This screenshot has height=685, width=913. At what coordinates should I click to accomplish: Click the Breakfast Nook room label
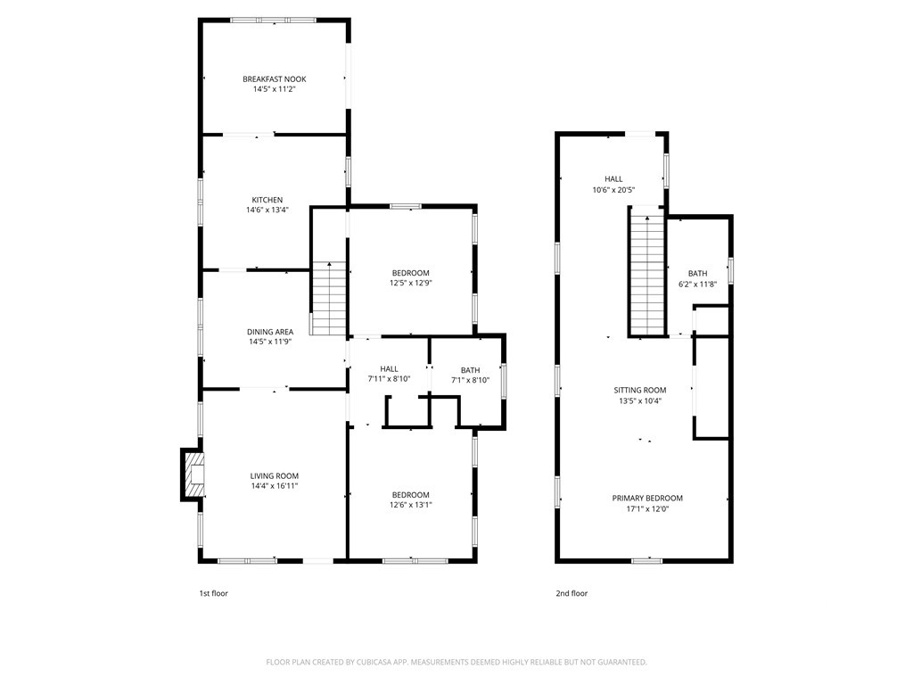click(x=275, y=79)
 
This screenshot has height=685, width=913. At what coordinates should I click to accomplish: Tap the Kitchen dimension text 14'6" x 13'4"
click(x=267, y=210)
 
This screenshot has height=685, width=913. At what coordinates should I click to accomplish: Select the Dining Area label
click(x=270, y=332)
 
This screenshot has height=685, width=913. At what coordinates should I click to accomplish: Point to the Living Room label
click(x=275, y=476)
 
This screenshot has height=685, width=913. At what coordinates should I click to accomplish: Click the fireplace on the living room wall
click(x=193, y=475)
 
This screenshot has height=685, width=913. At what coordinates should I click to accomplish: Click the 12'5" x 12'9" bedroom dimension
click(x=410, y=284)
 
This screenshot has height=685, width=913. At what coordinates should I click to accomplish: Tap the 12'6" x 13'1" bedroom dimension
click(x=410, y=506)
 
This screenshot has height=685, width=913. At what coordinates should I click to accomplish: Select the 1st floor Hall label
click(x=389, y=368)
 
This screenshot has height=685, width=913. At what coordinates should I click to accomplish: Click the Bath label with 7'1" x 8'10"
click(x=471, y=370)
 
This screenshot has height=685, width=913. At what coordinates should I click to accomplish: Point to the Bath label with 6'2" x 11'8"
click(x=697, y=273)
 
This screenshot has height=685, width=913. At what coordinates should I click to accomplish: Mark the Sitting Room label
click(x=640, y=391)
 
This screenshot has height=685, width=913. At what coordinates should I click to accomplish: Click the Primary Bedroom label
click(x=647, y=498)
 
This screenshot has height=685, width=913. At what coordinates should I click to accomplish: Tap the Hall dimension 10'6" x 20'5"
click(x=613, y=190)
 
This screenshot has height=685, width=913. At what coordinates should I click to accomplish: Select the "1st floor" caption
click(x=214, y=593)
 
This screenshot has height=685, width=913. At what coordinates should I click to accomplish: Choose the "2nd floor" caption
click(x=572, y=593)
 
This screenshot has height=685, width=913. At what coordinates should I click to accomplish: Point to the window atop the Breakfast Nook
click(x=273, y=21)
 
